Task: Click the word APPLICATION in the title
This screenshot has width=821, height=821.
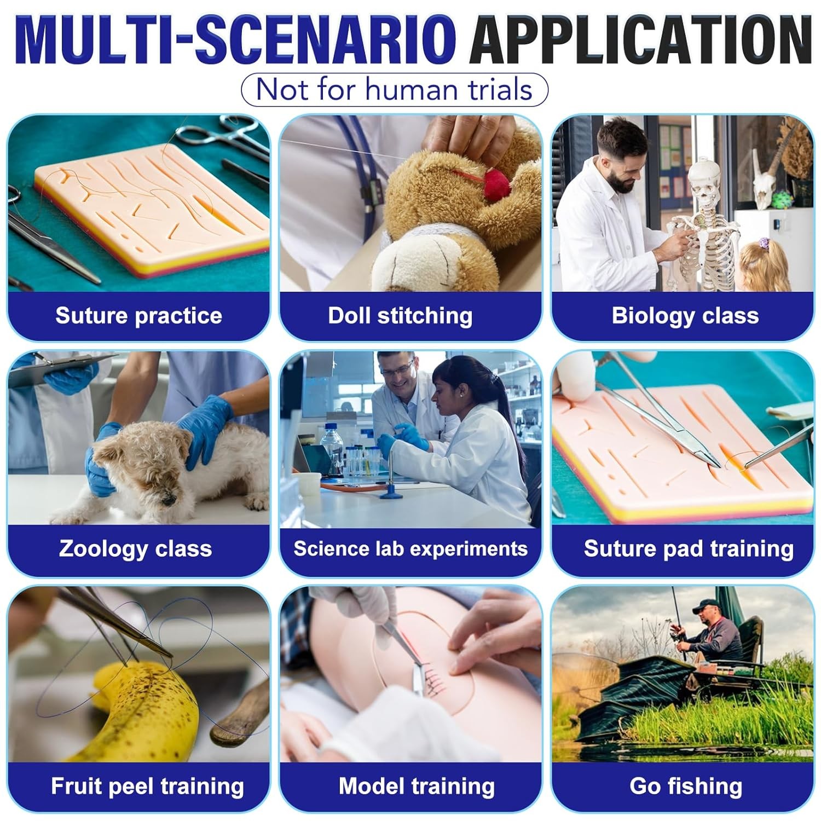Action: click(640, 41)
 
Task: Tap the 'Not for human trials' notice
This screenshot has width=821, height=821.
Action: click(394, 89)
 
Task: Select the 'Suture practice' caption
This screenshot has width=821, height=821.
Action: click(138, 316)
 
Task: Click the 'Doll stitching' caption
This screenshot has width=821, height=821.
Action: click(400, 316)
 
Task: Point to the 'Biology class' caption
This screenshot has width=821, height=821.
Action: click(685, 316)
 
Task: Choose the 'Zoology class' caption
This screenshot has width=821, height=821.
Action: click(135, 548)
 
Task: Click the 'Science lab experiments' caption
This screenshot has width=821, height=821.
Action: click(410, 548)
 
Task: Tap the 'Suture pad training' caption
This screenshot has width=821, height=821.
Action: click(689, 548)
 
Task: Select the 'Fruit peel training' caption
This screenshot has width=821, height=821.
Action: click(147, 787)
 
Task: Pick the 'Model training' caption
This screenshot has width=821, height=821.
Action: click(417, 787)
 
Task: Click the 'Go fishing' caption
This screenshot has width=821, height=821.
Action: click(686, 787)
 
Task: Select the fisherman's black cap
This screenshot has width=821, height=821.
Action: click(706, 606)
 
